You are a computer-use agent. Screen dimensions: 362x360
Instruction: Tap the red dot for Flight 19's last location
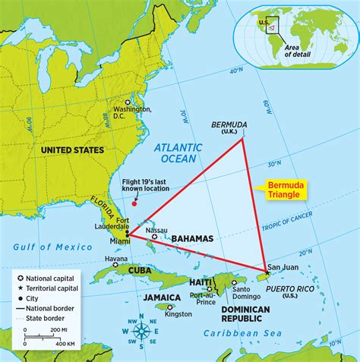pos(135,203)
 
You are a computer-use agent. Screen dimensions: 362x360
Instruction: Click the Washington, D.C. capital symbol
pos(128,102)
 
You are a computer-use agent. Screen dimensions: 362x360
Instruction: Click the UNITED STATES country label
pos(71,150)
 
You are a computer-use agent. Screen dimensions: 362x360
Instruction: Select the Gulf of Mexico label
pos(48,245)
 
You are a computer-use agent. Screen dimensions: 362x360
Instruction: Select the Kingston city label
pos(179,313)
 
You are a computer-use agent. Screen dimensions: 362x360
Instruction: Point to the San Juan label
pos(277,267)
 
